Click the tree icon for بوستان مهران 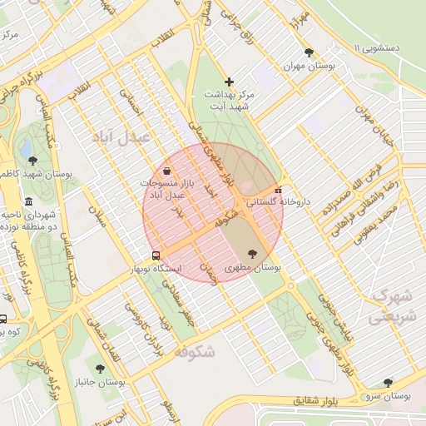click(x=310, y=52)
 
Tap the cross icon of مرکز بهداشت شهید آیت click(x=230, y=82)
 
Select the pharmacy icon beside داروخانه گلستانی click(x=278, y=189)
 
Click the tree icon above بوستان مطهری click(x=252, y=255)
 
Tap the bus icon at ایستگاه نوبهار click(x=156, y=255)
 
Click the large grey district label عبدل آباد click(x=126, y=136)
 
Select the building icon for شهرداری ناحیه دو click(x=29, y=202)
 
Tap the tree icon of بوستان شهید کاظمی click(x=32, y=161)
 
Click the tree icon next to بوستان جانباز click(x=100, y=368)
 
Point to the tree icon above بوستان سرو click(x=388, y=382)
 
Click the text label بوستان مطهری click(x=253, y=269)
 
